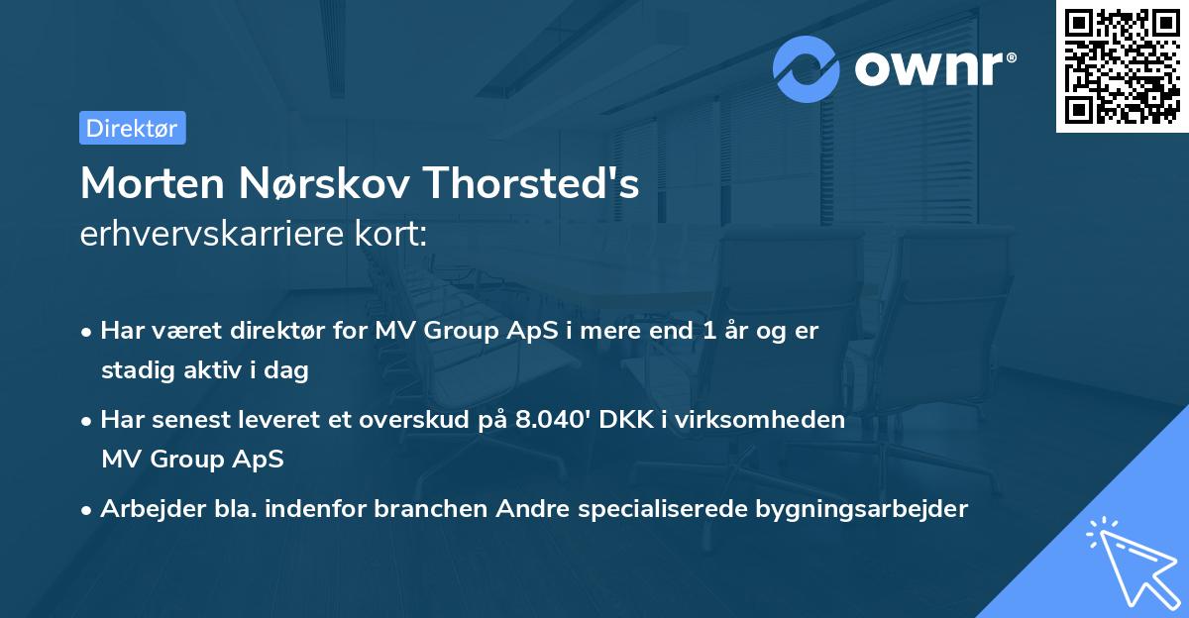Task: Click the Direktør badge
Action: [x=132, y=128]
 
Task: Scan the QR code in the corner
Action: [x=1122, y=65]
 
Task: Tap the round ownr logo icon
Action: [x=807, y=67]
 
